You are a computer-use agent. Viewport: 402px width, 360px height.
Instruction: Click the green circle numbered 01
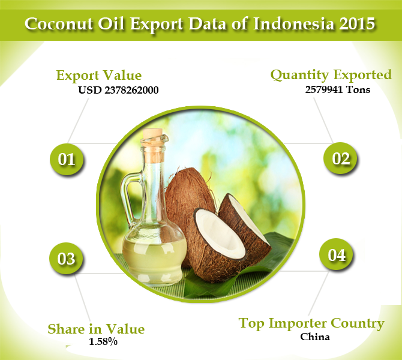coord(67,160)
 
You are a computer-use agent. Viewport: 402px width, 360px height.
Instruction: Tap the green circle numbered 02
coord(340,158)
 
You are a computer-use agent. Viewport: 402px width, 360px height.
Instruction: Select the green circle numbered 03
coord(67,259)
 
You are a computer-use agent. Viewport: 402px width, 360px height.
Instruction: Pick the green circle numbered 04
coord(337,255)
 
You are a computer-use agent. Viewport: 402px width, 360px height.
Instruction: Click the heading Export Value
coord(98,76)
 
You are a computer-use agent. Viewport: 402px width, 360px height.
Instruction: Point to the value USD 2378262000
coord(119,91)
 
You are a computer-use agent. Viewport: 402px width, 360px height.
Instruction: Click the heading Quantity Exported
coord(331,75)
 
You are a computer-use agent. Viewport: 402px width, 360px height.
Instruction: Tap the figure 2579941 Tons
coord(337,90)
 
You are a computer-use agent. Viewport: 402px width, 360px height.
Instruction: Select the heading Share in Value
coord(96,329)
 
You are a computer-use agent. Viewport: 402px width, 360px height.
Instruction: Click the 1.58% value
coord(103,342)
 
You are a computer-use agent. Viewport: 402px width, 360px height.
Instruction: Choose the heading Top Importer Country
coord(311,323)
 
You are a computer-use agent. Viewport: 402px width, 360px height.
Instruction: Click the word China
coord(315,337)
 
